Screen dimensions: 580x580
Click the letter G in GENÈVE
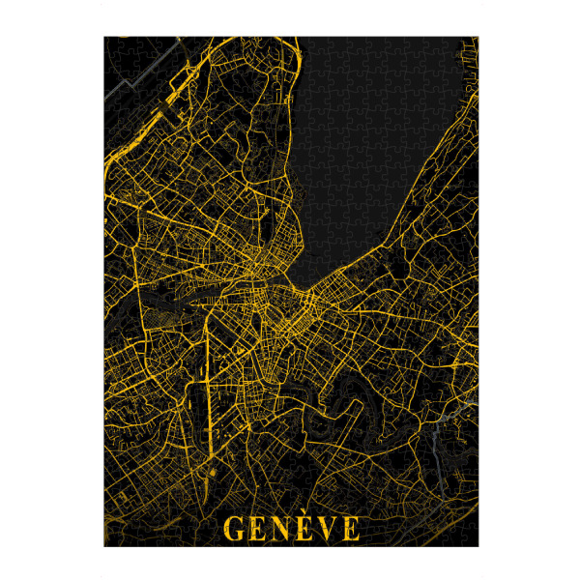[234, 528]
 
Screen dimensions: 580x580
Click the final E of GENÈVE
[351, 528]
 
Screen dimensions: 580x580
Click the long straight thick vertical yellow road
[206, 387]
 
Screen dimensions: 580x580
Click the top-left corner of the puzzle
[104, 38]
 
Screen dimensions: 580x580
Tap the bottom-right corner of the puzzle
[478, 546]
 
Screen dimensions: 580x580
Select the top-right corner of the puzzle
[478, 38]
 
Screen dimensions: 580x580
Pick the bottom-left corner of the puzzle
[104, 546]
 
